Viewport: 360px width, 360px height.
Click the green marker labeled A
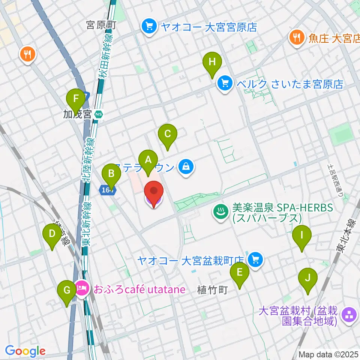(148, 162)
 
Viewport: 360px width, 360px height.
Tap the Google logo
(25, 351)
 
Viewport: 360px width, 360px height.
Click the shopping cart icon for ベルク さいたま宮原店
(225, 83)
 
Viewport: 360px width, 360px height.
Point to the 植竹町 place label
(212, 290)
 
